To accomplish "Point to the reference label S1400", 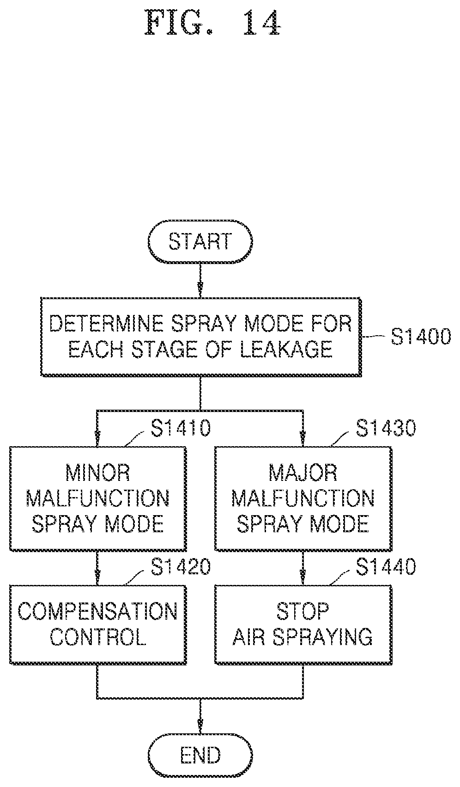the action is tap(421, 337).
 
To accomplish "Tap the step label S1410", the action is tap(181, 428).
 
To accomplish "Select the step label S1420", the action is tap(181, 566).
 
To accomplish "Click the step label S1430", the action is tap(386, 428).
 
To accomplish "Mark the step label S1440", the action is tap(386, 566).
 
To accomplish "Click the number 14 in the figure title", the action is tap(262, 23).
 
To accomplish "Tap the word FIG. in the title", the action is tap(179, 23).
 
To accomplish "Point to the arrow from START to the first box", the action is tap(200, 280).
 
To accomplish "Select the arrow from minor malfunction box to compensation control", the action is tap(97, 568).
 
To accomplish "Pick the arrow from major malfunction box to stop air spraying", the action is tap(303, 568).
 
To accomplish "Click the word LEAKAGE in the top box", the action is tap(286, 350).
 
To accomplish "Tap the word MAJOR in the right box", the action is tap(303, 473).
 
